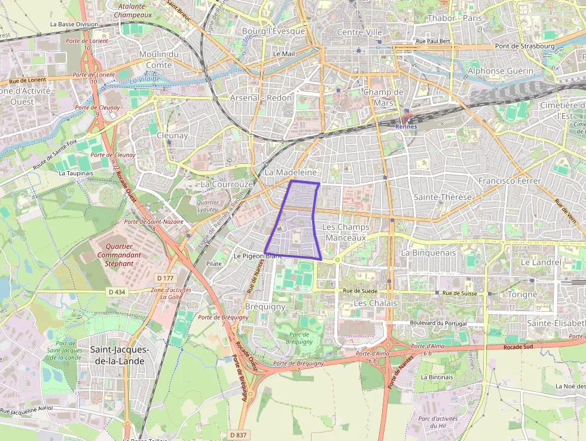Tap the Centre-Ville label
click(359, 32)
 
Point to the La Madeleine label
click(291, 172)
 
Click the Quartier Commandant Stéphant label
click(119, 255)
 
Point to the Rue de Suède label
click(360, 291)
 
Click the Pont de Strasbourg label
click(524, 46)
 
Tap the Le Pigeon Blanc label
click(258, 256)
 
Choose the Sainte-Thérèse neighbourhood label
click(442, 197)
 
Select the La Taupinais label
click(76, 173)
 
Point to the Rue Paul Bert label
click(433, 42)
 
